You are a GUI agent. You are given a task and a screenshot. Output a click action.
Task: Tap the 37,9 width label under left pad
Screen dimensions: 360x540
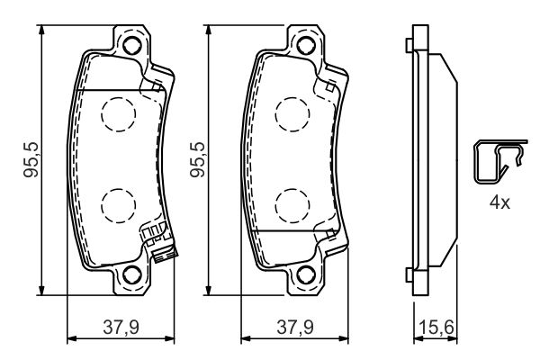pos(116,325)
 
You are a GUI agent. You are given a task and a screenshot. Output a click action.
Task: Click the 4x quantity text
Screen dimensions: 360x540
pos(499,202)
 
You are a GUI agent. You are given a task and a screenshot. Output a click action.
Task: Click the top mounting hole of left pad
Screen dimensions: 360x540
pos(131,46)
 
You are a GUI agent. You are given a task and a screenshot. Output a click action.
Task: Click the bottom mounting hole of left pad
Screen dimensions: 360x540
pos(131,276)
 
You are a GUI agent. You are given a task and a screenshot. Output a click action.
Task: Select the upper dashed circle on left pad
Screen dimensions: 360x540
pos(115,112)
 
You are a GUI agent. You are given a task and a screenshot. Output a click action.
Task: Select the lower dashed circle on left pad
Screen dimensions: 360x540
pos(115,205)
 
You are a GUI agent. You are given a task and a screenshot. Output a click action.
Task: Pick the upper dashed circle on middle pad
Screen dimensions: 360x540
pos(292,112)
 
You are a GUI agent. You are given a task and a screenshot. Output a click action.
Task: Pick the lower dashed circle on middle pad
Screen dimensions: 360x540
pos(292,205)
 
